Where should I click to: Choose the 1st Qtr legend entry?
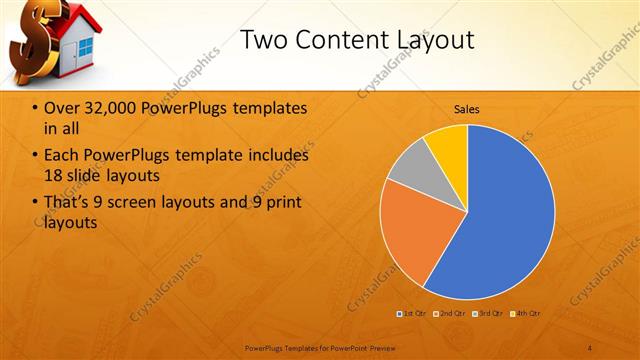(413, 314)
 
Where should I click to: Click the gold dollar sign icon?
(29, 45)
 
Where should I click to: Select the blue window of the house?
(86, 47)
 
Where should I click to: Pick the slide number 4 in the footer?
(590, 347)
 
